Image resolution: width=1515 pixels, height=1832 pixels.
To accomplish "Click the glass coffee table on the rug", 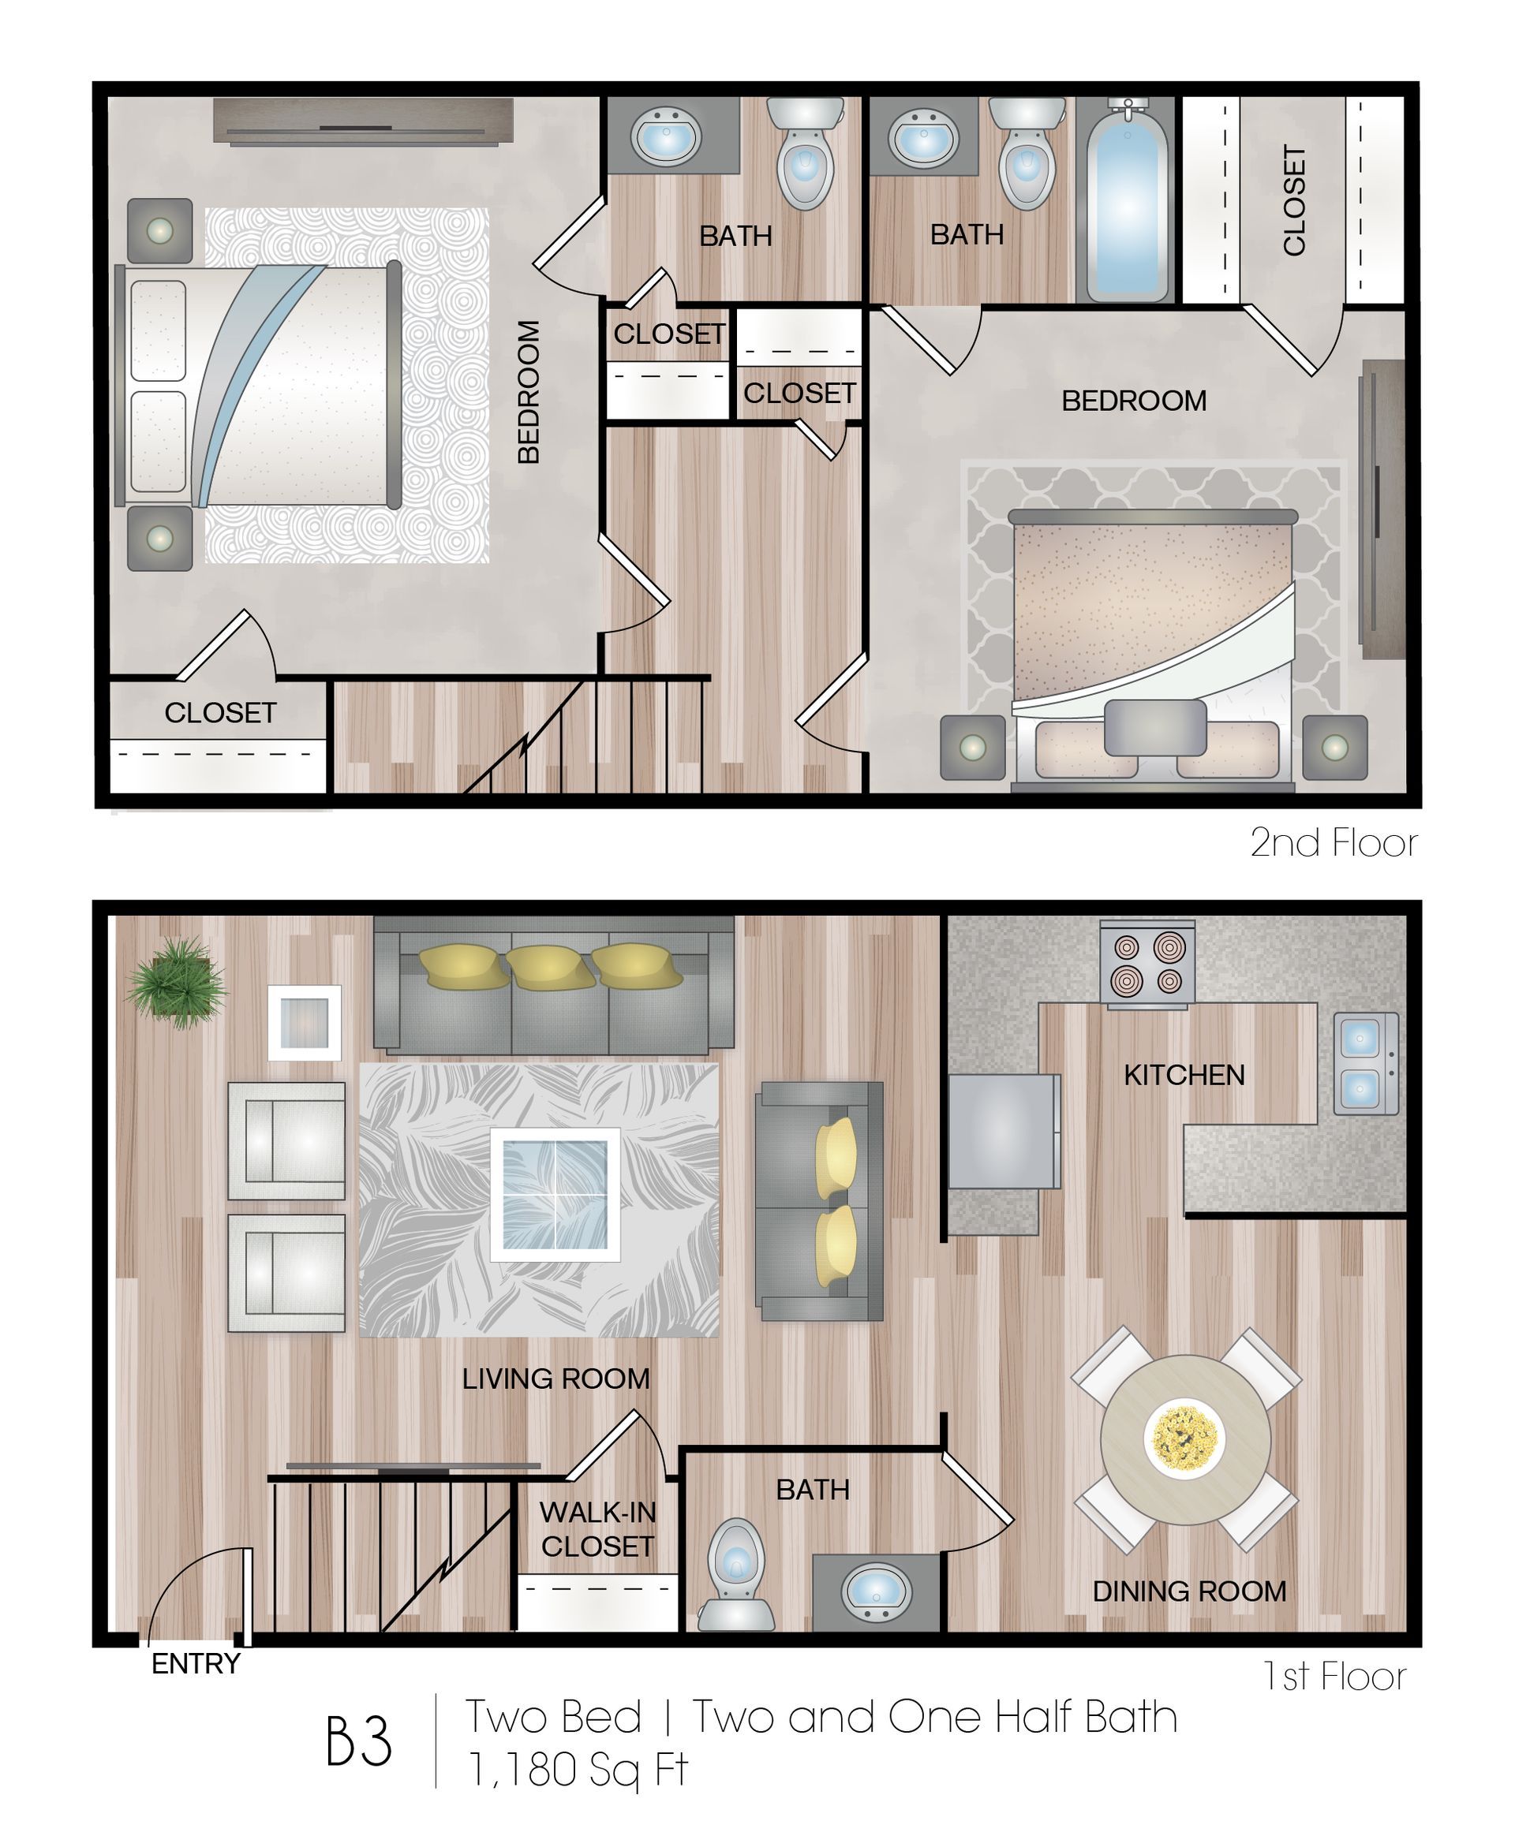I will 555,1193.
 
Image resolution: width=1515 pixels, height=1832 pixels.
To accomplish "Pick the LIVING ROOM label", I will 556,1379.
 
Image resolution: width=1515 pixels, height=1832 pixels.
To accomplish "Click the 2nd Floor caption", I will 1333,843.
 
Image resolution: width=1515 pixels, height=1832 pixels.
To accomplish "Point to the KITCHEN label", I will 1184,1075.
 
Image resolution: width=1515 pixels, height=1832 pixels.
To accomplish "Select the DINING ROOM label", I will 1188,1591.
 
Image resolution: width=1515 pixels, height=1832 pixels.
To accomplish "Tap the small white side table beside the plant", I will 305,1022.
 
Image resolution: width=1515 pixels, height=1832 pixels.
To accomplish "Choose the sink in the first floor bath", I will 876,1591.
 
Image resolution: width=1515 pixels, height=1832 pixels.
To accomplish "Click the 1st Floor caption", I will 1334,1676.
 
